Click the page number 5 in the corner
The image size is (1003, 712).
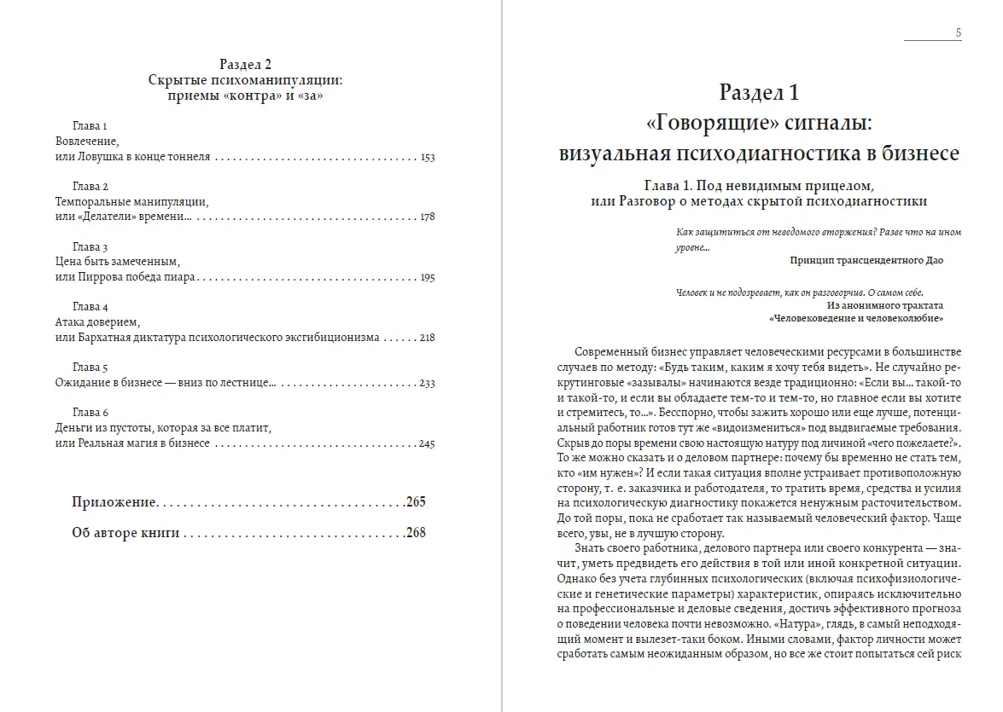pos(959,33)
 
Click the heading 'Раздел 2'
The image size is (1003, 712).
pos(245,64)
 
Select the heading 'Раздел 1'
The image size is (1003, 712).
pos(759,92)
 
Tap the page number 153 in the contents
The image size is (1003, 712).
pos(428,158)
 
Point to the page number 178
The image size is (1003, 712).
pos(428,217)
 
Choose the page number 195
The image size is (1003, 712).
pos(428,278)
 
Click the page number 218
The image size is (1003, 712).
pos(428,338)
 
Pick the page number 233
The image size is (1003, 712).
pos(428,384)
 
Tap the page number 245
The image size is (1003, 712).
pos(428,444)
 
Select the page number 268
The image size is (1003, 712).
pos(416,533)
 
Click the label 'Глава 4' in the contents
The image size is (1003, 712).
pos(90,307)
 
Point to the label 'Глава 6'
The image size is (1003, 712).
pos(90,414)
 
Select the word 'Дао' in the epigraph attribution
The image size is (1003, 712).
pos(933,260)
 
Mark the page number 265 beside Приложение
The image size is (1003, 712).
pos(416,501)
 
